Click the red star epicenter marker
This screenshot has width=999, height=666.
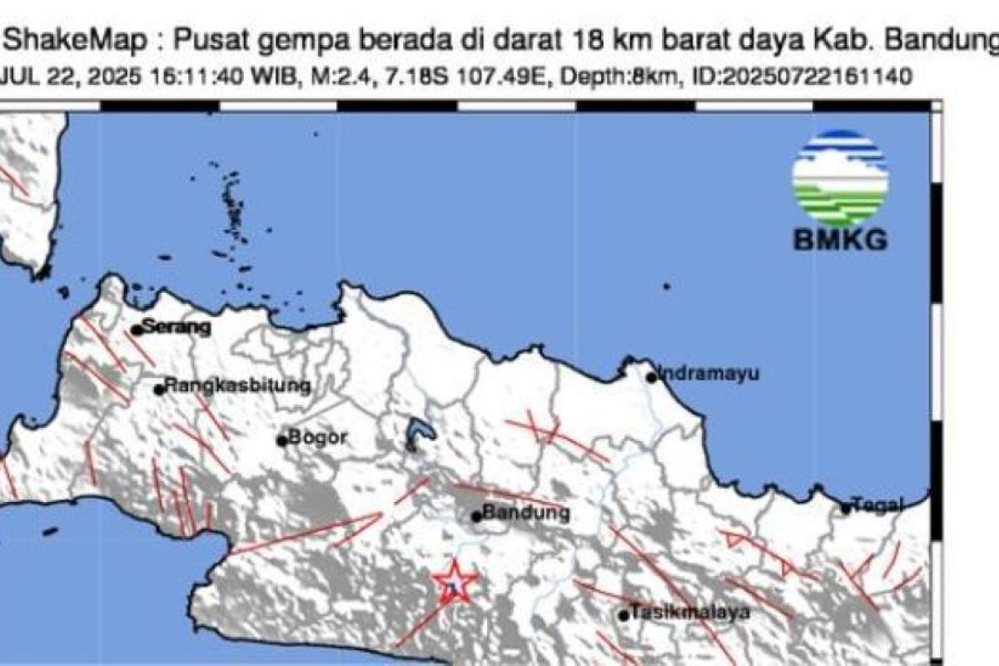click(455, 582)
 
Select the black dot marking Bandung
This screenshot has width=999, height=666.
click(477, 516)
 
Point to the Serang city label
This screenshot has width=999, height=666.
click(176, 327)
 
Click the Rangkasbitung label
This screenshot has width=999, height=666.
click(237, 386)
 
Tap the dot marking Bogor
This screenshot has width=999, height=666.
click(282, 440)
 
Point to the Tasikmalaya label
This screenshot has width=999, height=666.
click(690, 613)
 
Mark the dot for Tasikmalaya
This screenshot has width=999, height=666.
click(624, 616)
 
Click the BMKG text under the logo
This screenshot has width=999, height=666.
click(839, 241)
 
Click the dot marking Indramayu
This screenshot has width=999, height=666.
click(652, 377)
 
